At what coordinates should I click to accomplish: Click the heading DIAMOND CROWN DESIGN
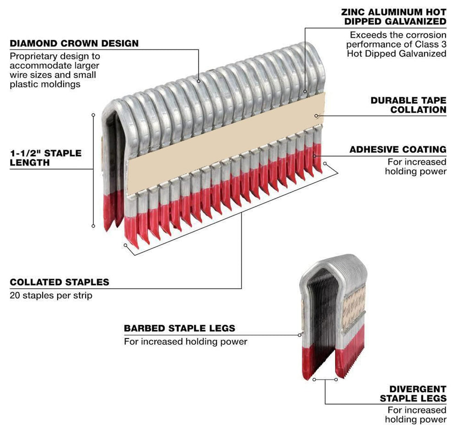pyautogui.click(x=74, y=44)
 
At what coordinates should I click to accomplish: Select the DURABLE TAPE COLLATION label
pyautogui.click(x=408, y=105)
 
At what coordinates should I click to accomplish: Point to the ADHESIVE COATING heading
pyautogui.click(x=398, y=150)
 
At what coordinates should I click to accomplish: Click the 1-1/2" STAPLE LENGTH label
pyautogui.click(x=45, y=158)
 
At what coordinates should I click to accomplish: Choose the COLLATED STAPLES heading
pyautogui.click(x=60, y=282)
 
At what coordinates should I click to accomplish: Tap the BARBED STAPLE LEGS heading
pyautogui.click(x=180, y=328)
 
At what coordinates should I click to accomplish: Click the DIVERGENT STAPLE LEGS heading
pyautogui.click(x=413, y=393)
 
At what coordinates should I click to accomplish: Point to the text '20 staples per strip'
pyautogui.click(x=51, y=295)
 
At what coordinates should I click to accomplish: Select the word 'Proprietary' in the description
pyautogui.click(x=32, y=56)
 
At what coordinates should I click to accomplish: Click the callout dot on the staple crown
pyautogui.click(x=199, y=81)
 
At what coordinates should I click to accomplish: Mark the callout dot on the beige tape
pyautogui.click(x=316, y=116)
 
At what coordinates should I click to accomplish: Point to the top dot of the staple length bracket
pyautogui.click(x=93, y=115)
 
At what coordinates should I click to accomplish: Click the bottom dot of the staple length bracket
pyautogui.click(x=93, y=226)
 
